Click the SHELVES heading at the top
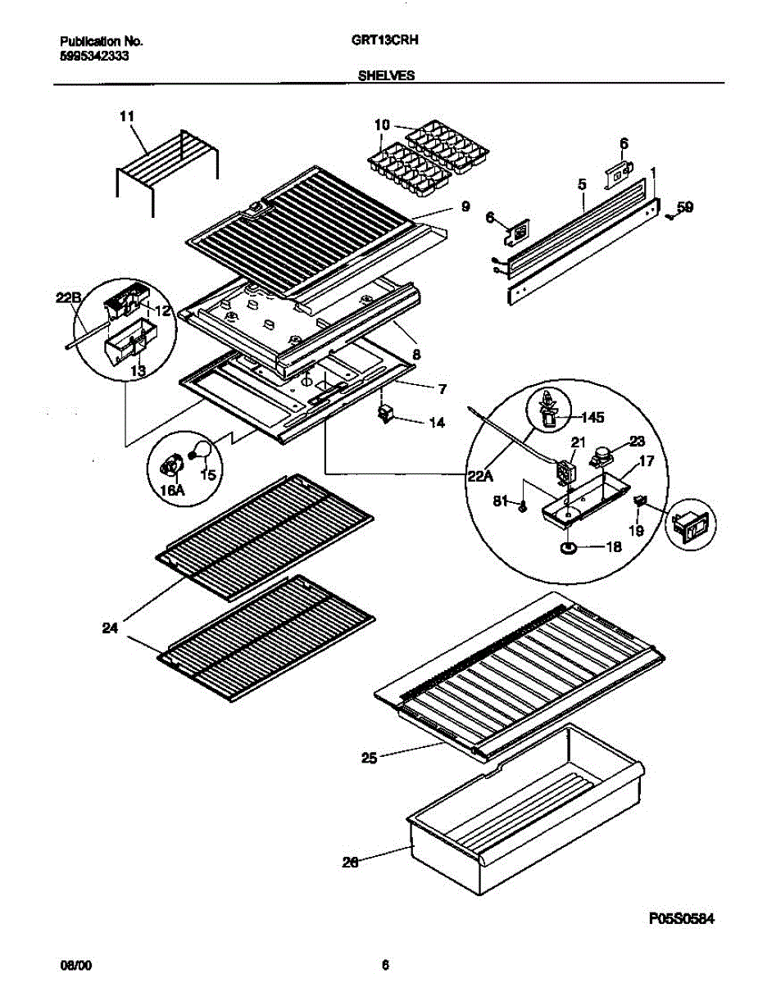click(x=385, y=75)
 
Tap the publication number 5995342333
click(x=94, y=56)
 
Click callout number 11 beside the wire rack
click(x=126, y=117)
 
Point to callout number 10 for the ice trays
click(x=382, y=125)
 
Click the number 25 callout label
click(x=369, y=759)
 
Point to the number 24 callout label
click(x=110, y=628)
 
